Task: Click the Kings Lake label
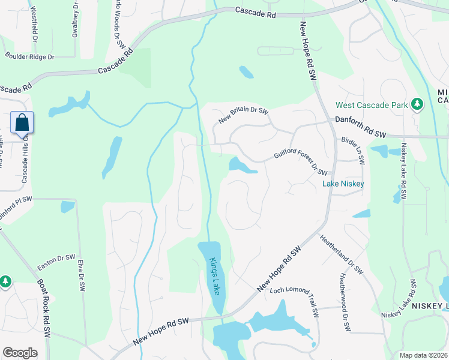(214, 276)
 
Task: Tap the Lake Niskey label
(343, 184)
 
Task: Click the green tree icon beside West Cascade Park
(417, 105)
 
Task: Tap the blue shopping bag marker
(22, 122)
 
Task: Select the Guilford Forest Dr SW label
(300, 163)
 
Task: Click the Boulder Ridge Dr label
(29, 57)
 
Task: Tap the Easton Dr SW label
(56, 259)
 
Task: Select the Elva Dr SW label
(80, 275)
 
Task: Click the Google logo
(20, 353)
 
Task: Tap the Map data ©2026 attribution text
(423, 355)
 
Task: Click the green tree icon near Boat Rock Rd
(5, 281)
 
